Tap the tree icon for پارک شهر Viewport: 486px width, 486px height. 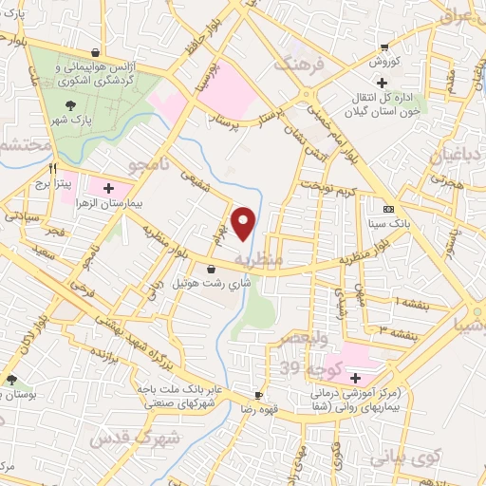pyautogui.click(x=70, y=106)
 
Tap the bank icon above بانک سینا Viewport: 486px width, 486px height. pyautogui.click(x=387, y=209)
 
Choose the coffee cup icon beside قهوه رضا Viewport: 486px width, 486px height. pyautogui.click(x=258, y=394)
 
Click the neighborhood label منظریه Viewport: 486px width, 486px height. pyautogui.click(x=259, y=258)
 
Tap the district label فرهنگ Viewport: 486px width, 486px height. pyautogui.click(x=291, y=65)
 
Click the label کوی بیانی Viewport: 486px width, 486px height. pyautogui.click(x=442, y=458)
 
